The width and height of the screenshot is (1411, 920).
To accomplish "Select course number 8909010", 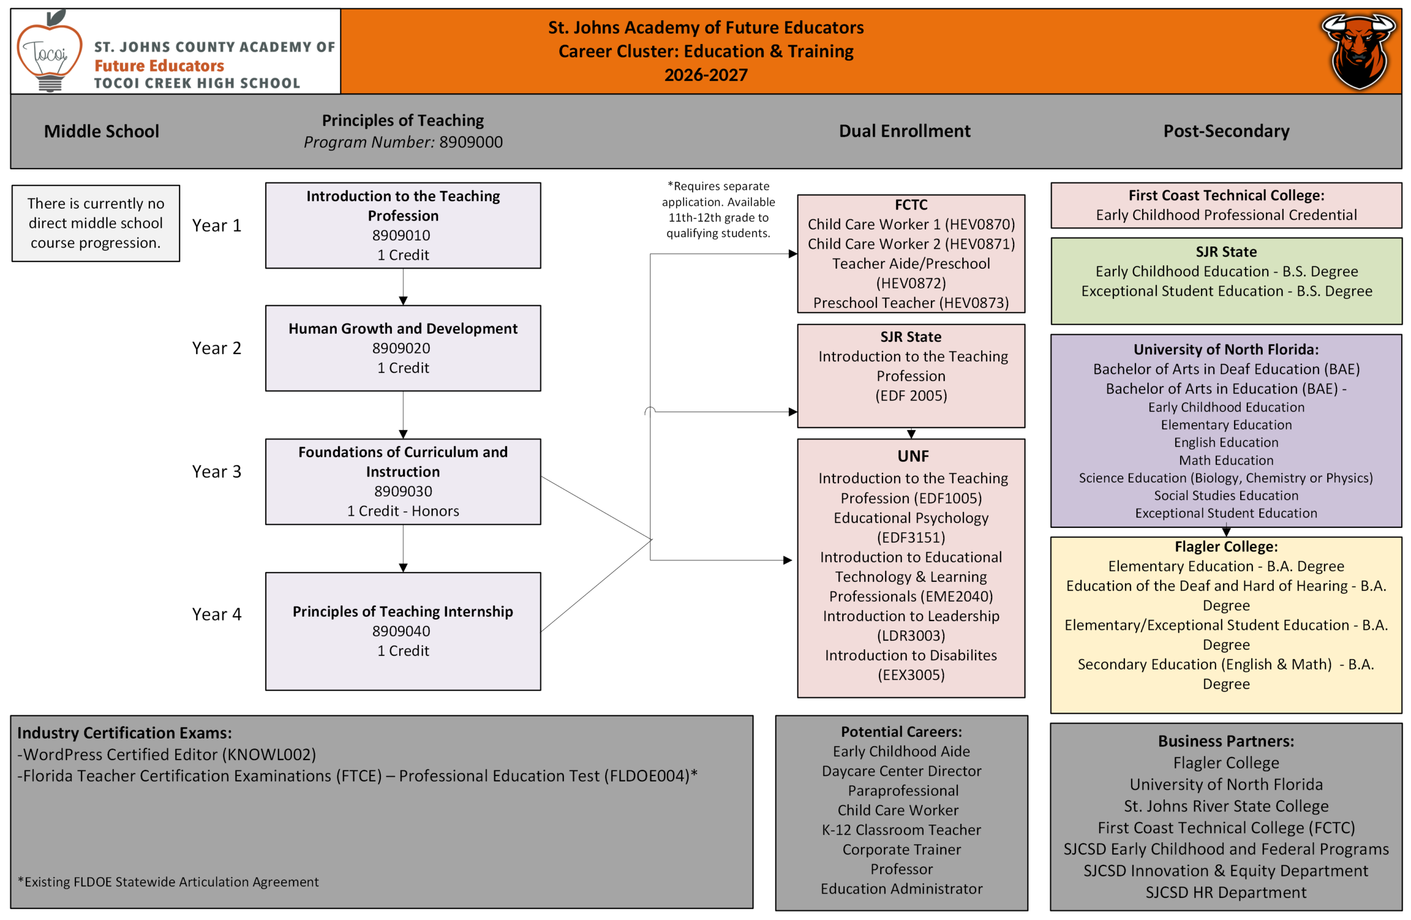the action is (401, 236).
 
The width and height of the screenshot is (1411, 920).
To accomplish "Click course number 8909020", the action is (401, 348).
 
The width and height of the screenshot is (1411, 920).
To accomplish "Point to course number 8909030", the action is (403, 491).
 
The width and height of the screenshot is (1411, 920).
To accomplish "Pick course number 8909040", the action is (401, 631).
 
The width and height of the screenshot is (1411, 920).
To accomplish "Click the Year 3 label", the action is (217, 472).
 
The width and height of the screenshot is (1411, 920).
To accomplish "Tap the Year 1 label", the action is (217, 226).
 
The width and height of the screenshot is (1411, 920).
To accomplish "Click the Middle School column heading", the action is (101, 131).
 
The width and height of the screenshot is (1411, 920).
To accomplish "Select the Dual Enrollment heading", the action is (904, 131).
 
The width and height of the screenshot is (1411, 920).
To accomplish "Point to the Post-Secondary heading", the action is (1226, 131).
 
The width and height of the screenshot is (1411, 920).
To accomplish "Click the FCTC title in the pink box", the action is (911, 205).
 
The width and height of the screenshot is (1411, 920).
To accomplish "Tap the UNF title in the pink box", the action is (913, 456).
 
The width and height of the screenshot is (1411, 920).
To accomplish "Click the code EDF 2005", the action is (911, 395).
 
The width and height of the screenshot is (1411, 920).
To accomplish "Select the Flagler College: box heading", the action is (1226, 547).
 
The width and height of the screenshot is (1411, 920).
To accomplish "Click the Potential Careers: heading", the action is (901, 732).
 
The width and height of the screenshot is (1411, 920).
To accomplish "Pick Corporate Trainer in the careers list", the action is (901, 849).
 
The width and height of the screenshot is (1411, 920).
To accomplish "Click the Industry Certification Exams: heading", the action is (125, 733).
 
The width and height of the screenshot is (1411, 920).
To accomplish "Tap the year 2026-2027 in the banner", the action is (705, 75).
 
